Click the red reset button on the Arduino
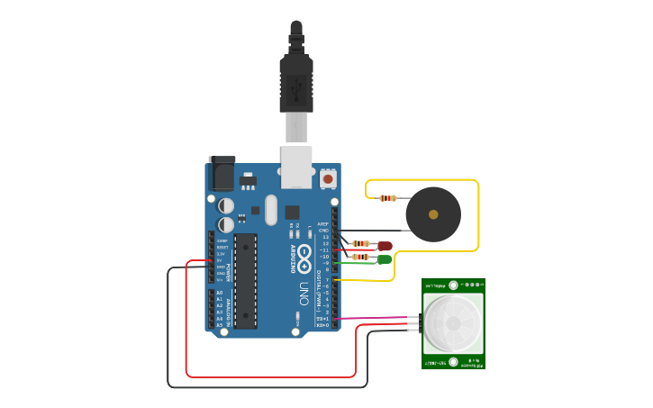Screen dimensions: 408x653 328,179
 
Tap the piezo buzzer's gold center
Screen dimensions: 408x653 433,214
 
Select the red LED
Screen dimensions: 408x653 385,245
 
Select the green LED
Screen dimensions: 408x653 385,259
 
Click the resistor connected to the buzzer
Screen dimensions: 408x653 388,198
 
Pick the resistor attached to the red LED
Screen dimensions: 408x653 359,243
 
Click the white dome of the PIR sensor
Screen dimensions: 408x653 453,322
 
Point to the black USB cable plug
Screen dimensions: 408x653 296,81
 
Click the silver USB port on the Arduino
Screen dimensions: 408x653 296,168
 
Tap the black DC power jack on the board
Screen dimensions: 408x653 222,174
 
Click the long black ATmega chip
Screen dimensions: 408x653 245,280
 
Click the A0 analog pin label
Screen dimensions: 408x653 219,294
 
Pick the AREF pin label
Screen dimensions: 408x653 322,223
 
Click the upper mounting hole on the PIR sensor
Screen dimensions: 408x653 453,285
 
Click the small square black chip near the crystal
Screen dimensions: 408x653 292,213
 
